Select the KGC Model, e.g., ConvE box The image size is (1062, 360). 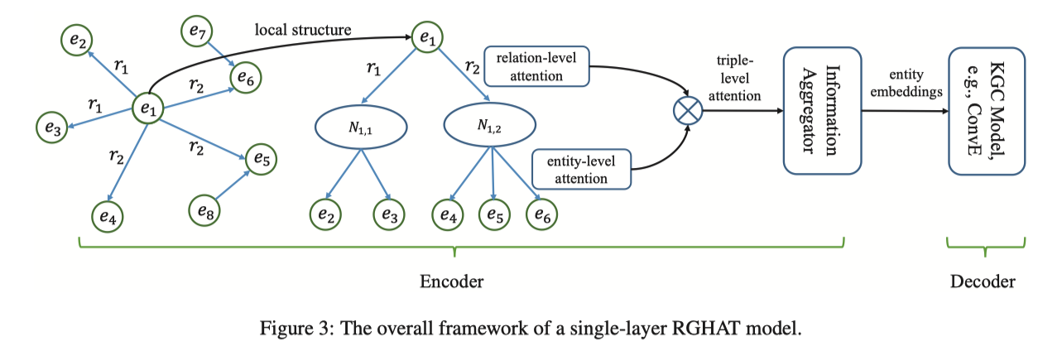pos(986,110)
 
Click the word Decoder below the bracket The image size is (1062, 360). pos(983,281)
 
